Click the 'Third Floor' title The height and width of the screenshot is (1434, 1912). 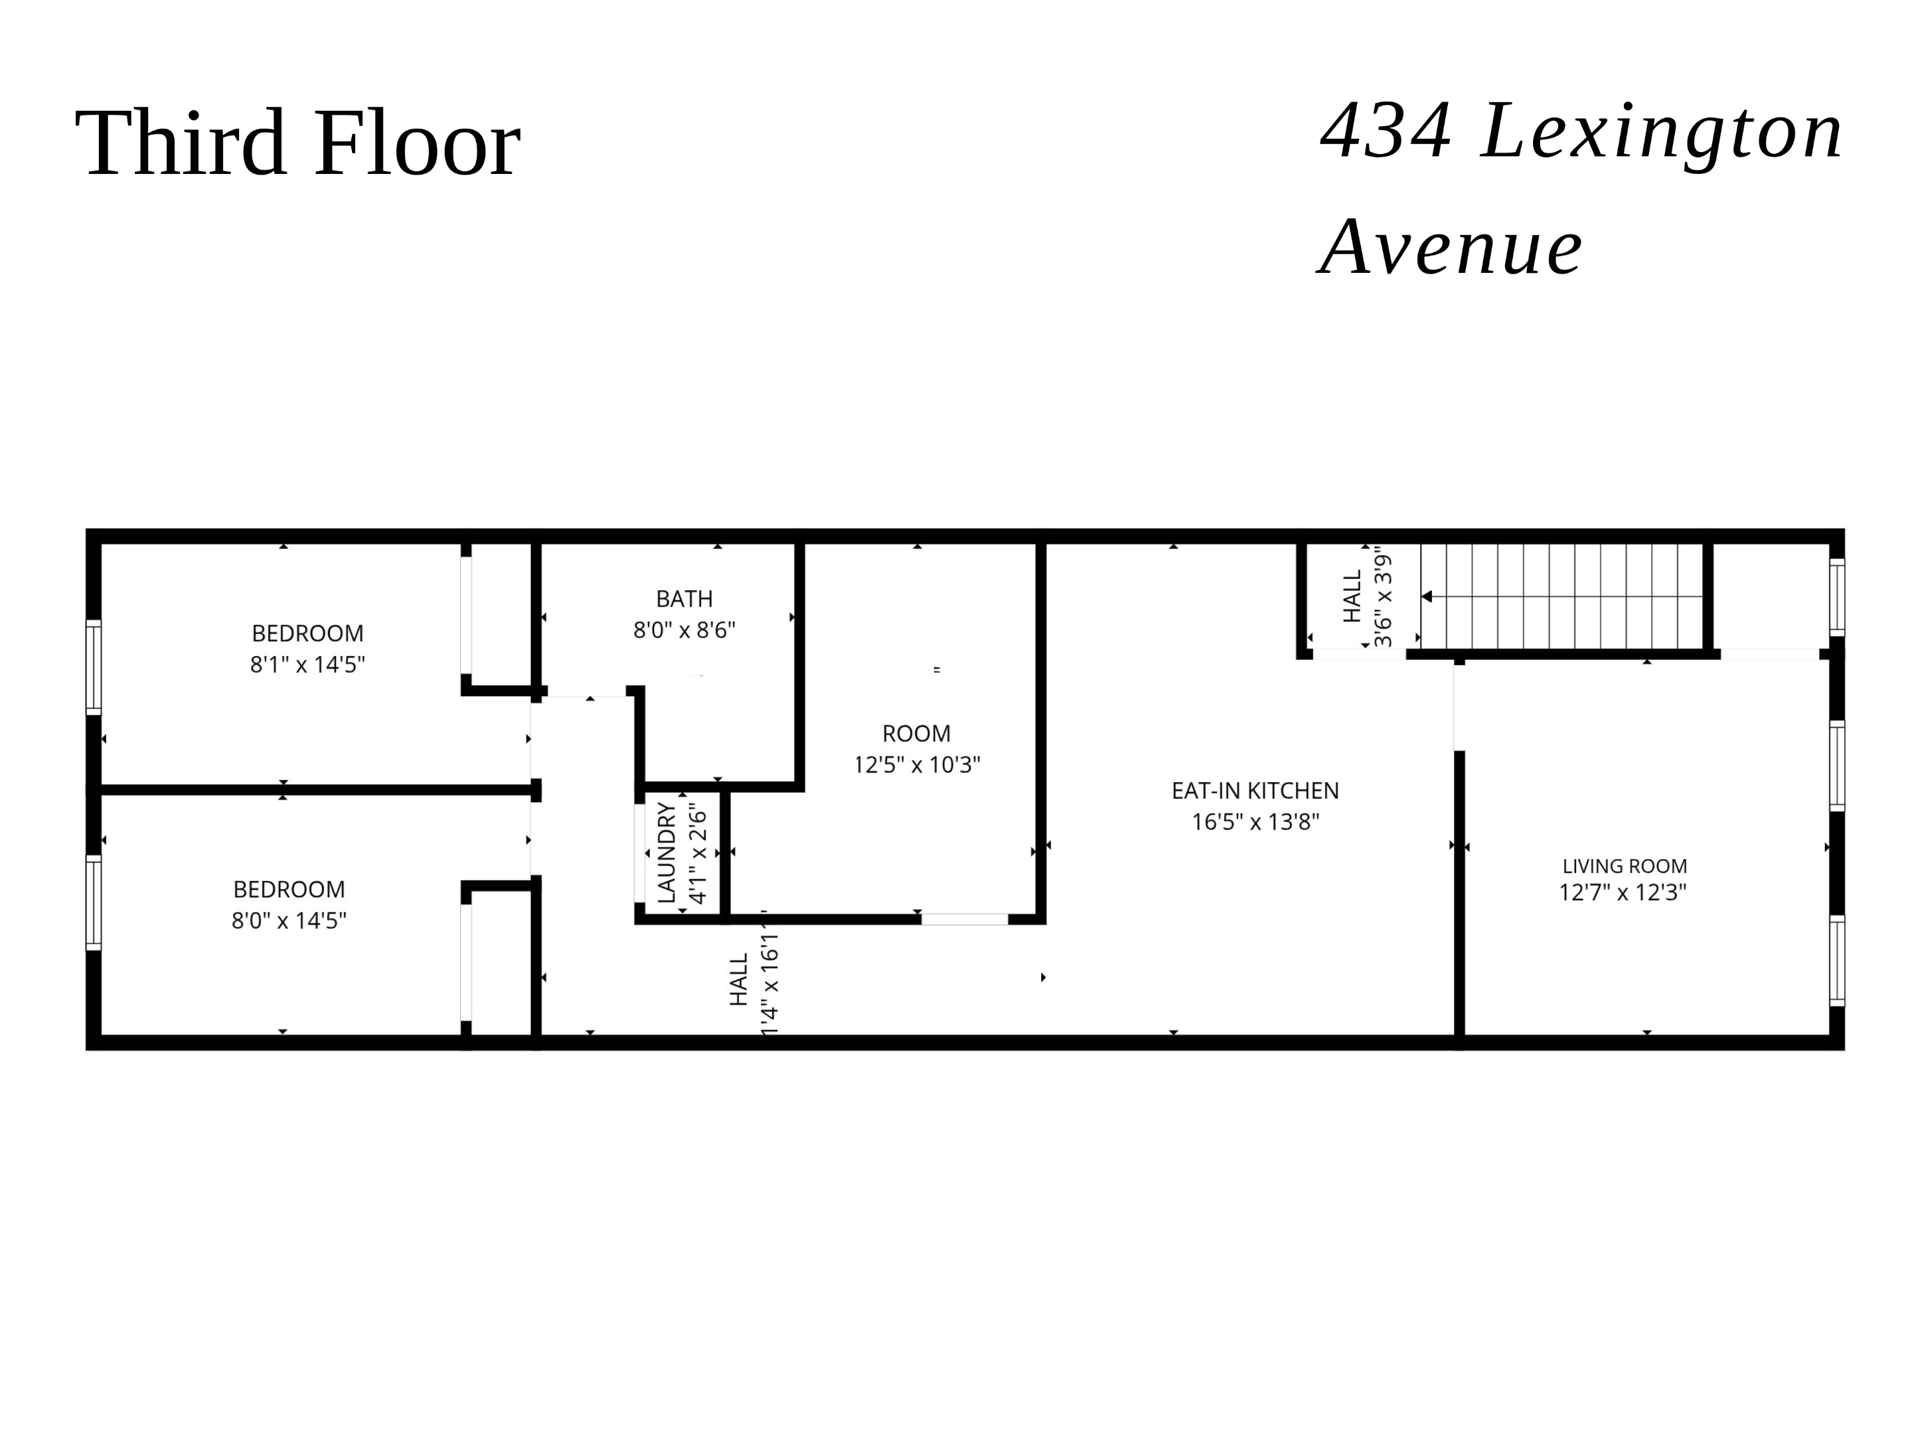tap(297, 143)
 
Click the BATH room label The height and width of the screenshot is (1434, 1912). tap(684, 598)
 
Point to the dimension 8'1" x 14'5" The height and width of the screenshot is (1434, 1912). tap(308, 665)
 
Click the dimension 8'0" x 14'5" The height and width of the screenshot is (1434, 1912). tap(289, 921)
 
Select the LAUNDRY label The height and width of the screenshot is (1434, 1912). tap(667, 853)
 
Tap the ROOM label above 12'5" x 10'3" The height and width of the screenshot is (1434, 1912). tap(916, 734)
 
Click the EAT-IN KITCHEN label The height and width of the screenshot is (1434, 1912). tap(1255, 791)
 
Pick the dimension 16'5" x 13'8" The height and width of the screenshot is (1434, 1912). tap(1255, 822)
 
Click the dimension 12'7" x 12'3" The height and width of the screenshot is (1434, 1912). tap(1623, 893)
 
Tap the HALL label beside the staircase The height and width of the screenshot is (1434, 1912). tap(1352, 596)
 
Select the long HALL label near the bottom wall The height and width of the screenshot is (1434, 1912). tap(738, 980)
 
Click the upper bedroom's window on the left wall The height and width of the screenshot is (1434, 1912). tap(94, 667)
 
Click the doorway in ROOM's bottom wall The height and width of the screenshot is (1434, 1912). tap(964, 919)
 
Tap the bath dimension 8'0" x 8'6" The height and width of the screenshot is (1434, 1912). tap(684, 630)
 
